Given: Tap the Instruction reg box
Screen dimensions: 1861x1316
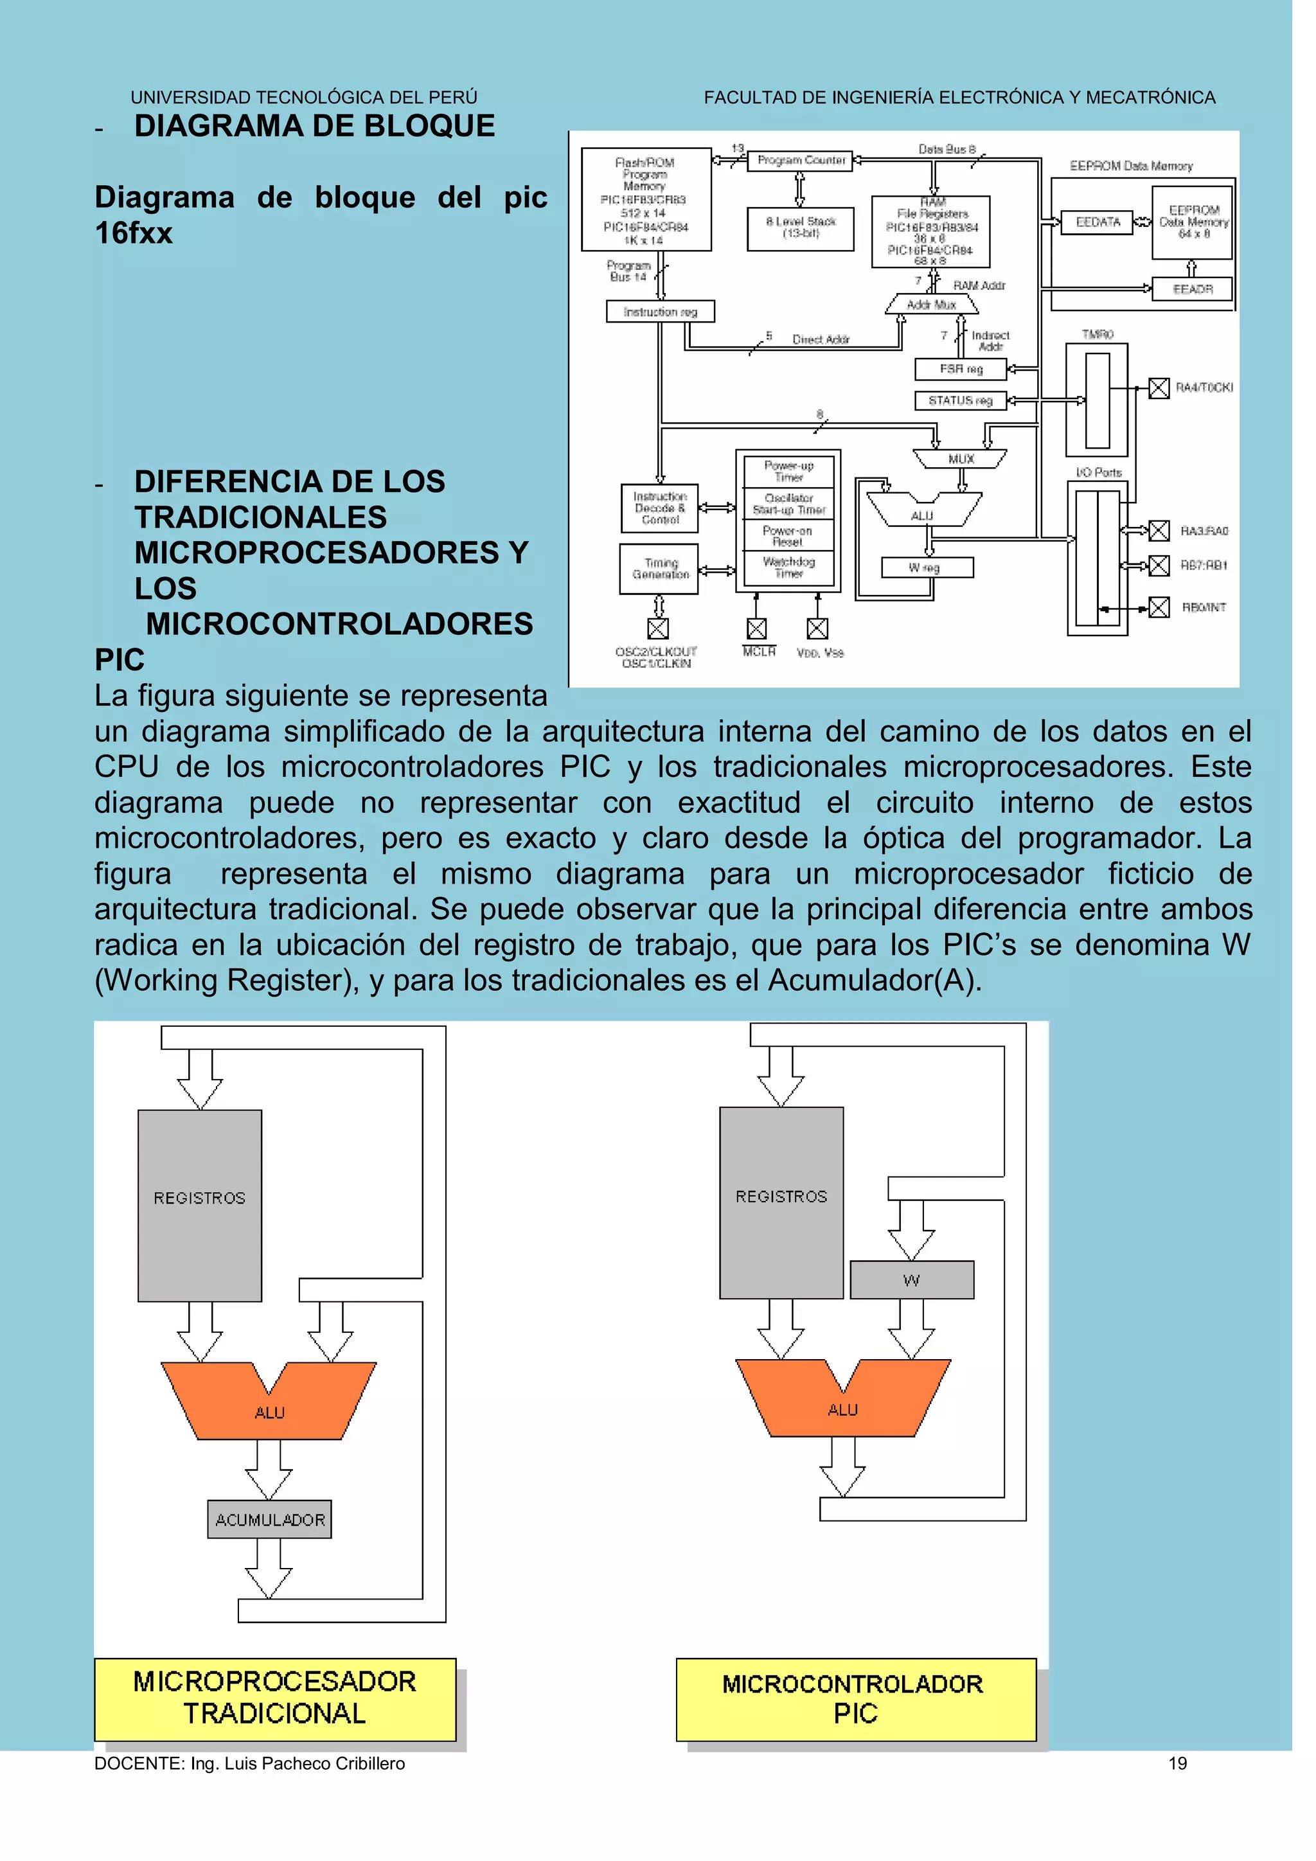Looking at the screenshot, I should pyautogui.click(x=661, y=312).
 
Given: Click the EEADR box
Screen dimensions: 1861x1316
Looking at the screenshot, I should pyautogui.click(x=1192, y=289).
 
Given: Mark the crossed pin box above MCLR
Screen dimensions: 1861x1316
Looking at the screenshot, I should pyautogui.click(x=756, y=628).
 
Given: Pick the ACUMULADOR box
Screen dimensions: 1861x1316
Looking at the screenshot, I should pyautogui.click(x=269, y=1520).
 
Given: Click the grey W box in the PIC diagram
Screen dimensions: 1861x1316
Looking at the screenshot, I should pyautogui.click(x=912, y=1280).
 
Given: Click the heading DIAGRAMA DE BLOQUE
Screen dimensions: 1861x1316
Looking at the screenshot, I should pyautogui.click(x=314, y=127).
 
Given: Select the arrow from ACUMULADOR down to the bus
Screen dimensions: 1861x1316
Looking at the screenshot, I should pyautogui.click(x=269, y=1571).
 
